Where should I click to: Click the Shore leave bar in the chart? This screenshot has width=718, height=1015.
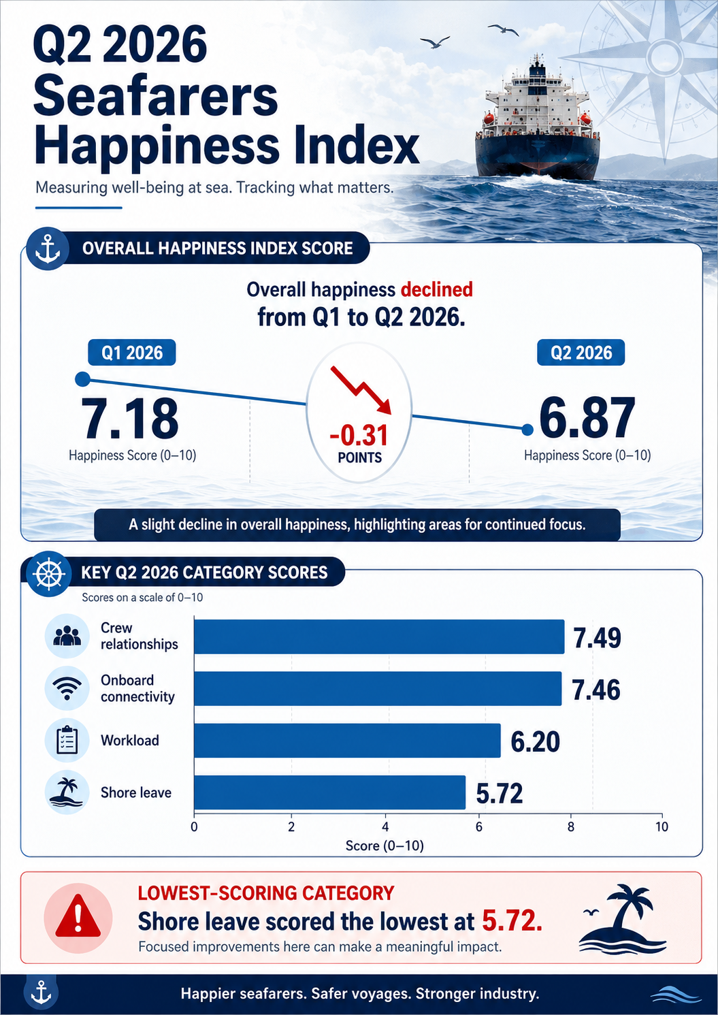[330, 792]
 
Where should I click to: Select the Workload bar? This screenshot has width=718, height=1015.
[348, 741]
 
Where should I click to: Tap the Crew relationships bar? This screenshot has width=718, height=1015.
[379, 637]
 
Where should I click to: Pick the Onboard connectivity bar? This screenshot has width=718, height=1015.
[378, 688]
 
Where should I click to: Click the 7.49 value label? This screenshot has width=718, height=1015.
[597, 638]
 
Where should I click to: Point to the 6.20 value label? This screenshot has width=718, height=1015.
[536, 742]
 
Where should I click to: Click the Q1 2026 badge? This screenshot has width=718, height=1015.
[132, 353]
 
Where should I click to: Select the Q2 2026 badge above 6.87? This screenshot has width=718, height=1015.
[581, 353]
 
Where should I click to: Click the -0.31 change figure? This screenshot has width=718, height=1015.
[359, 436]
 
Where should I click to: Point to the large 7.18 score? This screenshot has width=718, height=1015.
[129, 419]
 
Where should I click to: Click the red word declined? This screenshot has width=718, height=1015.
[437, 289]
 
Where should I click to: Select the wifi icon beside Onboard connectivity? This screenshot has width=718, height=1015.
[67, 688]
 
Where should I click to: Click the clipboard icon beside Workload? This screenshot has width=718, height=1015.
[67, 740]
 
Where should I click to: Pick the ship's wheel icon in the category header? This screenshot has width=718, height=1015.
[48, 573]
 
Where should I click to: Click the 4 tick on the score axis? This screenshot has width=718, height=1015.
[385, 827]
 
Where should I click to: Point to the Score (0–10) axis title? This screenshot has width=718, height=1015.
[385, 845]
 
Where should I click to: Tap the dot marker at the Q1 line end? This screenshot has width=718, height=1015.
[82, 379]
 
